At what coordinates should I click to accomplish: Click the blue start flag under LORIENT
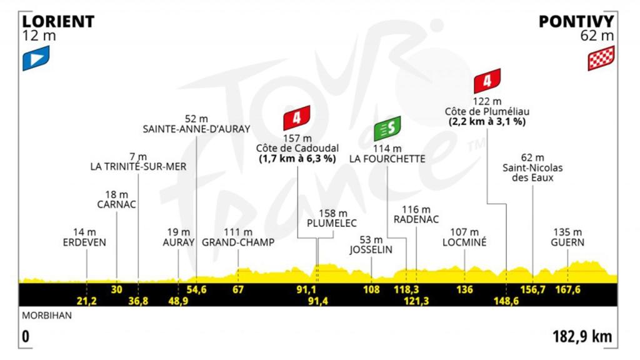coord(36,58)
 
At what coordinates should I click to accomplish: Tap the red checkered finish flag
coord(601,58)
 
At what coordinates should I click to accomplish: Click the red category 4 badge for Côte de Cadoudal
coord(297,117)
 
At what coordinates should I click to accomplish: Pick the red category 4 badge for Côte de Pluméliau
coord(487,81)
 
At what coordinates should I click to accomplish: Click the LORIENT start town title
coord(58,22)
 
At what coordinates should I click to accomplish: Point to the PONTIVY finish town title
coord(576,22)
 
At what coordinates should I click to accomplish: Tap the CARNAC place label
coord(117,204)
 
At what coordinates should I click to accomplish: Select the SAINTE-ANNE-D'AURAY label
coord(196,129)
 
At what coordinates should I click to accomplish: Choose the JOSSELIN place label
coord(371,249)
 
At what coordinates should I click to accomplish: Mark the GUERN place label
coord(567,242)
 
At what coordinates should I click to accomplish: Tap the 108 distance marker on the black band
coord(372,289)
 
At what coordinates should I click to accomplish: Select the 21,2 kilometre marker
coord(86,301)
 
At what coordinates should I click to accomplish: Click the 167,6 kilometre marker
coord(567,289)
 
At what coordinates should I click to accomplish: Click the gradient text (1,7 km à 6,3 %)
coord(297,159)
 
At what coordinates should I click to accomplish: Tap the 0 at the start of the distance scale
coord(26,337)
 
